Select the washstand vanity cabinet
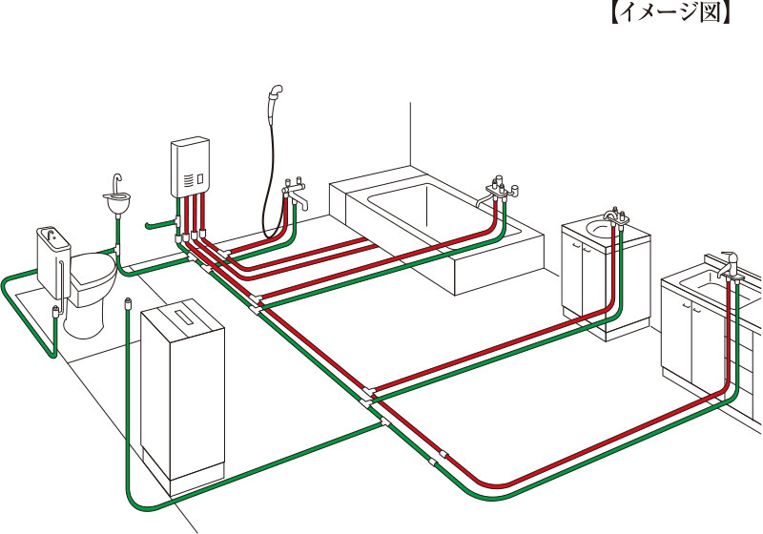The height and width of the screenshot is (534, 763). tap(605, 277)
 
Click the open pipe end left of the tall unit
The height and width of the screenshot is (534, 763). tap(127, 304)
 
